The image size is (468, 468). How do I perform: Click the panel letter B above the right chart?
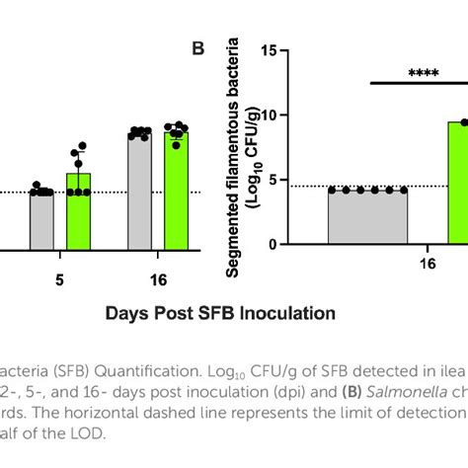(x=197, y=47)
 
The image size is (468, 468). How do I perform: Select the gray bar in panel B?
(x=367, y=217)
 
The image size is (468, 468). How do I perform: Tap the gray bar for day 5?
(x=41, y=219)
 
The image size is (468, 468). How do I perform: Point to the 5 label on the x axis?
(x=60, y=279)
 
